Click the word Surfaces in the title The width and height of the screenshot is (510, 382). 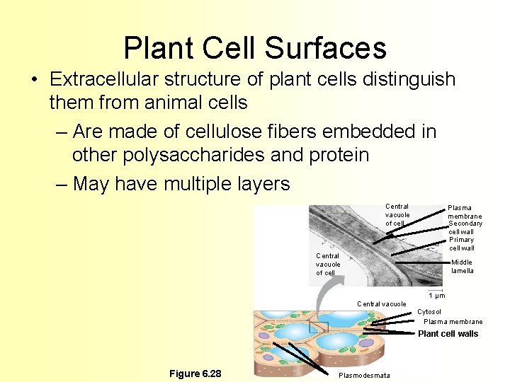pyautogui.click(x=326, y=48)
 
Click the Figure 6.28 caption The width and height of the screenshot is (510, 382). pyautogui.click(x=195, y=374)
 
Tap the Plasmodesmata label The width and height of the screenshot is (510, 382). pyautogui.click(x=364, y=375)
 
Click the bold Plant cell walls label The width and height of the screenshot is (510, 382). pyautogui.click(x=448, y=334)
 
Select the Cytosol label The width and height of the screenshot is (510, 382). pyautogui.click(x=429, y=312)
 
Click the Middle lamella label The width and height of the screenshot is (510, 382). pyautogui.click(x=462, y=266)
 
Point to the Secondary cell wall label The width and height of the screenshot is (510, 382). pyautogui.click(x=465, y=227)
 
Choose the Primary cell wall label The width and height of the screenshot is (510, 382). pyautogui.click(x=461, y=243)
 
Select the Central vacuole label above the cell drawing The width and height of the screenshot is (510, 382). pyautogui.click(x=381, y=304)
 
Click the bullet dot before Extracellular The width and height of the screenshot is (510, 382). pyautogui.click(x=34, y=79)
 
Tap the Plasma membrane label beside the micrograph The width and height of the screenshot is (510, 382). pyautogui.click(x=465, y=212)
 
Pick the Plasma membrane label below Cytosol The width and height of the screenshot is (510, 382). pyautogui.click(x=453, y=322)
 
